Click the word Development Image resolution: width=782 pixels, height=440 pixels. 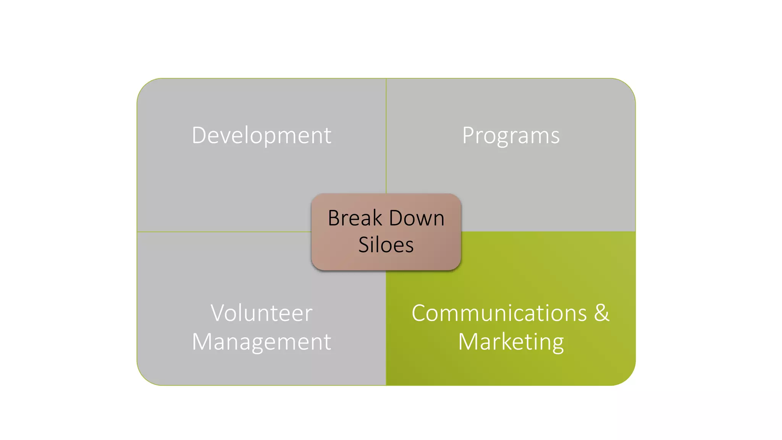point(262,135)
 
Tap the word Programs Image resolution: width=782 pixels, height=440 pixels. point(511,135)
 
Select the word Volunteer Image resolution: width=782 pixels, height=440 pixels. point(262,313)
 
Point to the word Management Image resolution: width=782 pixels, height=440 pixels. point(262,341)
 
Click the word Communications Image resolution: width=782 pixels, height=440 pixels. point(499,313)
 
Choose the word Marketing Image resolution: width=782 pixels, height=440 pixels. point(511,341)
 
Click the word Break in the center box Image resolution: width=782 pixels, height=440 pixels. point(355,218)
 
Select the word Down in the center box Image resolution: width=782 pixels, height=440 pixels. point(417,218)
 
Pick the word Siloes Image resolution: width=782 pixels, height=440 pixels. point(386,245)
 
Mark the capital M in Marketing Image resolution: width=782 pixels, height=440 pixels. point(469,341)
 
